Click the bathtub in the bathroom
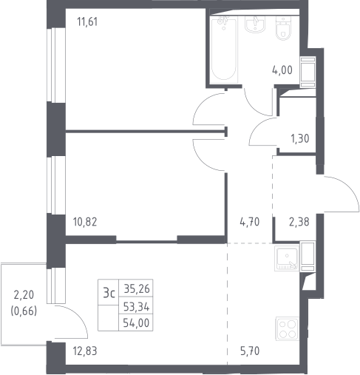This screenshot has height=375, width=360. coord(224,50)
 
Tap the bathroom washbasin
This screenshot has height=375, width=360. coord(255,24)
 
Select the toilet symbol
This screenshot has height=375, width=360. coord(283,28)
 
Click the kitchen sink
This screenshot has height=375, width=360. coord(287,259)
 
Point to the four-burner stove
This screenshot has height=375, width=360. coord(287,328)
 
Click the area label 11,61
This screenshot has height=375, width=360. coord(87,21)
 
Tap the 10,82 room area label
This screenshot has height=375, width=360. coord(85,222)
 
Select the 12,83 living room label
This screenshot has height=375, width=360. coord(85,351)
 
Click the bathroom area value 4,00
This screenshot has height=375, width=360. coord(282,70)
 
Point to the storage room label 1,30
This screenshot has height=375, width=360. coord(300,139)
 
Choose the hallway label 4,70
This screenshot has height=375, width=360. coord(250,222)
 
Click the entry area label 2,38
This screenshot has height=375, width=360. coord(299,222)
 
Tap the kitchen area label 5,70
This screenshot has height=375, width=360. coord(250,351)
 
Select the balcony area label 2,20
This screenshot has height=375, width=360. coord(24,295)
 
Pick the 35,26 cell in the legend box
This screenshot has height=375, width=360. coord(137,288)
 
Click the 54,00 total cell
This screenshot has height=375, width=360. coord(136,323)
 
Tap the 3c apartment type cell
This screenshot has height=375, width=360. coord(109,293)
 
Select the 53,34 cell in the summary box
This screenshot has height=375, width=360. coord(136,307)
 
